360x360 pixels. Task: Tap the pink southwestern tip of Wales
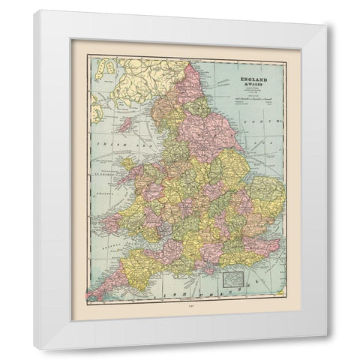point(112,222)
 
